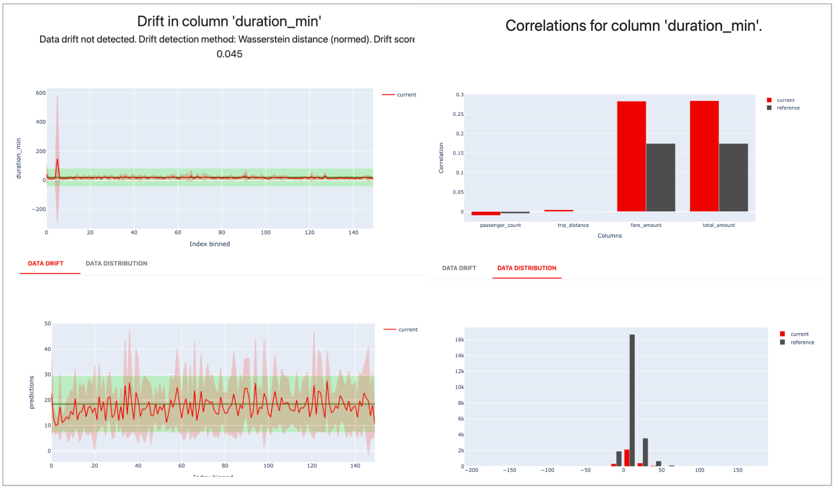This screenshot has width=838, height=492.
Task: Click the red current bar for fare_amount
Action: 631,157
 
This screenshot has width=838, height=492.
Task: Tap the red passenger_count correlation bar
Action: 486,213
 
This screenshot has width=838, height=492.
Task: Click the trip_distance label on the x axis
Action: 573,225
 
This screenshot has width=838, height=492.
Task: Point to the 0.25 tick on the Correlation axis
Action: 458,114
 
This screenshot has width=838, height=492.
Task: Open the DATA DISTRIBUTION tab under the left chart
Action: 116,264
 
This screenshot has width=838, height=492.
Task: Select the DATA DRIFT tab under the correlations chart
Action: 459,268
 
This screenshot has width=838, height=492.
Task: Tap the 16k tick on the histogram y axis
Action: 460,340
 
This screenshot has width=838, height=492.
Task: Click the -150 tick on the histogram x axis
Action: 510,470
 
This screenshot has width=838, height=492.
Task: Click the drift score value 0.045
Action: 230,54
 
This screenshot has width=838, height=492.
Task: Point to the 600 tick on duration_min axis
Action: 41,93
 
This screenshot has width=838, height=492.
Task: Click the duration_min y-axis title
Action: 19,158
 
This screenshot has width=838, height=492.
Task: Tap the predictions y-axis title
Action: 32,392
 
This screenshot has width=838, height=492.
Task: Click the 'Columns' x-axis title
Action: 609,236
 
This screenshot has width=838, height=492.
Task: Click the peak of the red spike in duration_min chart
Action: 57,159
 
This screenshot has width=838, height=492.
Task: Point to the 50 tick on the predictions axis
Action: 47,324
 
